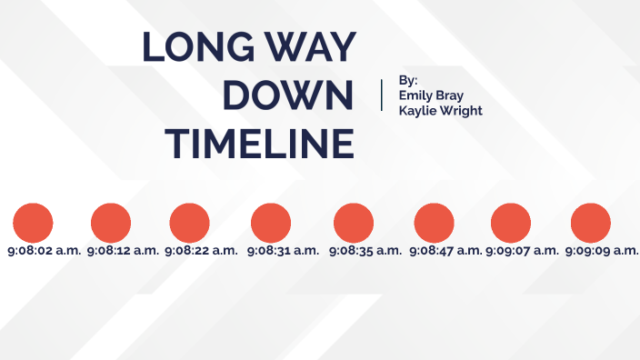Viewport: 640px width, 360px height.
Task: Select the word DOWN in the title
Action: [288, 95]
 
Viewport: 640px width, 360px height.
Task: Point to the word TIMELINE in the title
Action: [264, 144]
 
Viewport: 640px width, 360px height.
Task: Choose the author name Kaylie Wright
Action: [441, 111]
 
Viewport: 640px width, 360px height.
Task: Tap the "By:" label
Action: [408, 80]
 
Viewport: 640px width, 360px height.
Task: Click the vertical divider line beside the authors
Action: [382, 95]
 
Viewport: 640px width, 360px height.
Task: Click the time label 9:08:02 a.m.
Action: [45, 250]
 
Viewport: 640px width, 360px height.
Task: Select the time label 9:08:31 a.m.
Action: [283, 250]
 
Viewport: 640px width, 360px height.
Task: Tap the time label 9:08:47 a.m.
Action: [445, 250]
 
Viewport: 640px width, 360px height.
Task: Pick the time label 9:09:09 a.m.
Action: [602, 250]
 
